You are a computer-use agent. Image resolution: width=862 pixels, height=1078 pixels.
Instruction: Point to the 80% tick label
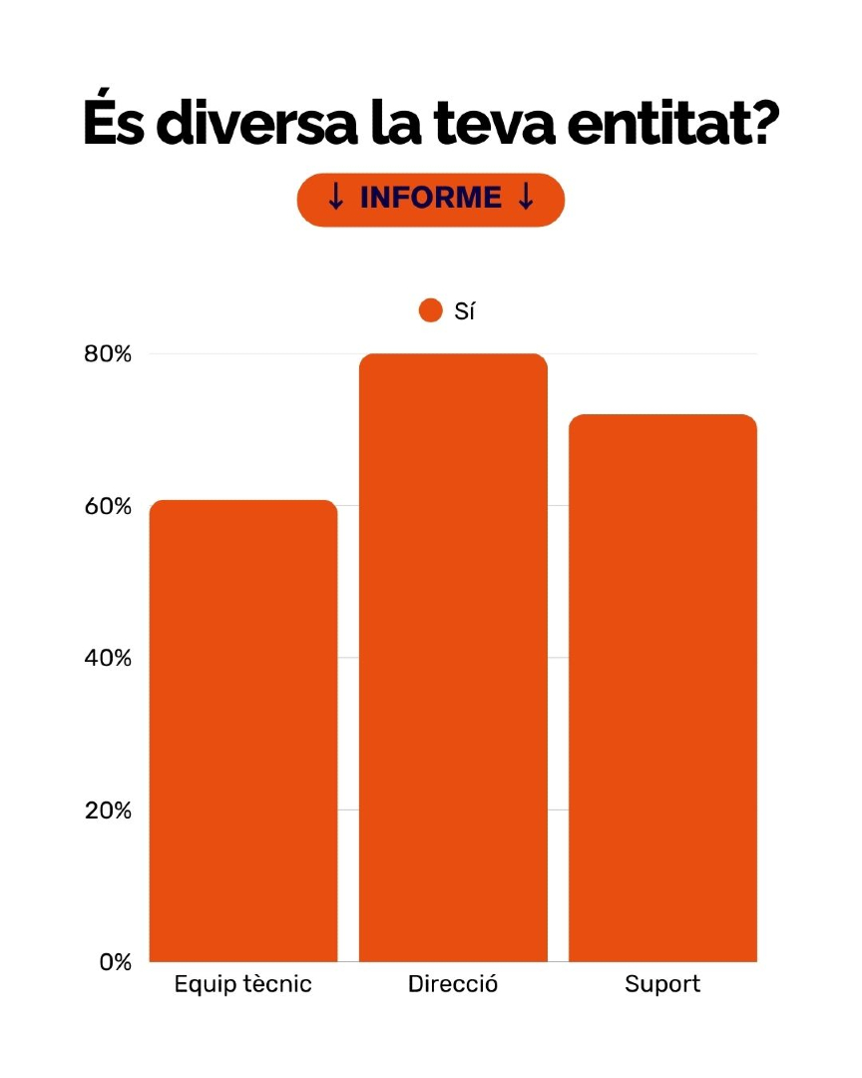pos(107,354)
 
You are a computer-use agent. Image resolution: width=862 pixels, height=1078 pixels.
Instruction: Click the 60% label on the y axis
pos(107,506)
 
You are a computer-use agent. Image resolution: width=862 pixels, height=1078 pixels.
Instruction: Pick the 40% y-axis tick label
pos(107,659)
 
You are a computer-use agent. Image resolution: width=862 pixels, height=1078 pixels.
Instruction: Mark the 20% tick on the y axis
pos(107,810)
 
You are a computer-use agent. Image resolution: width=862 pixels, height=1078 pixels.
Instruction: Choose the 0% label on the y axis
pos(115,962)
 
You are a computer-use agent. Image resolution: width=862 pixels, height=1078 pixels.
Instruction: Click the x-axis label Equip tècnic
pos(242,984)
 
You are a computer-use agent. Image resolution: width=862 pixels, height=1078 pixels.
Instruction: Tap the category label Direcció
pos(453,984)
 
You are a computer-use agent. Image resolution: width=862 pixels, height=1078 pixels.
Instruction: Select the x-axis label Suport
pos(662,984)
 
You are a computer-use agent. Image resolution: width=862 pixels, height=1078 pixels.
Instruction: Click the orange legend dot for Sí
pos(430,311)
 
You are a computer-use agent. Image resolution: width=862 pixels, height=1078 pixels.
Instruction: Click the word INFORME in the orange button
pos(431,199)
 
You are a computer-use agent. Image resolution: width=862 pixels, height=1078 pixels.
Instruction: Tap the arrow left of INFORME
pos(336,199)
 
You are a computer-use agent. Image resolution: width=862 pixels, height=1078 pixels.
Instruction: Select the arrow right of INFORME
pos(526,199)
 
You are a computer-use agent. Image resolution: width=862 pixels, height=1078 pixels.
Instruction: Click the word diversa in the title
pos(276,125)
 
